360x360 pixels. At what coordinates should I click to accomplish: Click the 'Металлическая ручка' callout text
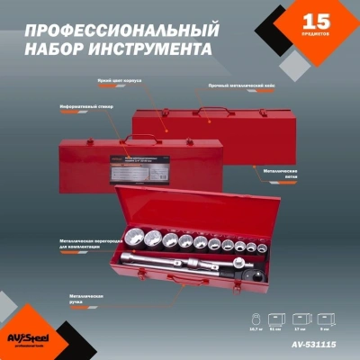pos(85,297)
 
